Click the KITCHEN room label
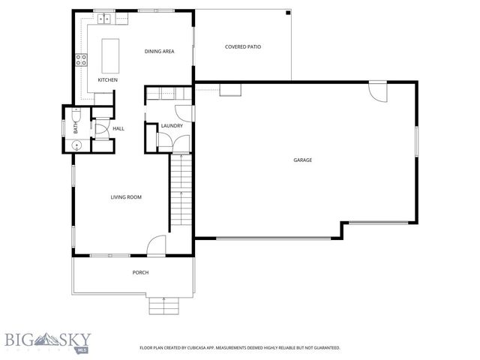pos(108,80)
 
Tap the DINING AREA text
pos(159,51)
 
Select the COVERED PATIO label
pos(243,46)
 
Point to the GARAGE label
pos(303,160)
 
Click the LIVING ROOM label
pos(126,197)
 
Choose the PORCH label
pos(140,272)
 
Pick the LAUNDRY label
pos(172,126)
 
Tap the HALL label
pos(118,129)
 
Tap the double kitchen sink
pos(103,17)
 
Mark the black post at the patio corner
pos(288,12)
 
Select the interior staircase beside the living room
pos(178,192)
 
